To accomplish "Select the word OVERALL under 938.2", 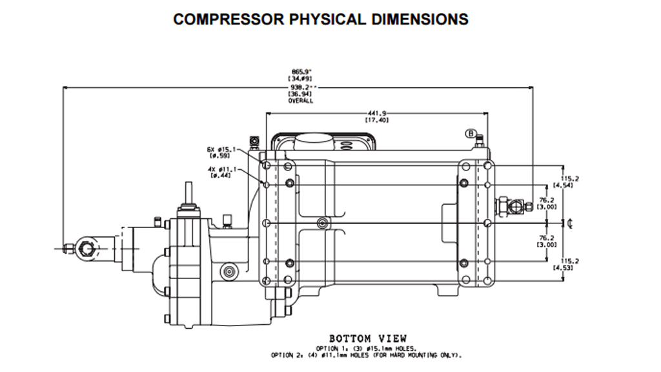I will pyautogui.click(x=301, y=101).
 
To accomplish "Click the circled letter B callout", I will pyautogui.click(x=471, y=134).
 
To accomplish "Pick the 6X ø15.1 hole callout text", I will pyautogui.click(x=220, y=152).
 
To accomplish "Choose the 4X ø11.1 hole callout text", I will pyautogui.click(x=220, y=172).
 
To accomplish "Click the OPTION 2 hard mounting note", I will pyautogui.click(x=367, y=355).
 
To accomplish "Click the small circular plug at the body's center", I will pyautogui.click(x=322, y=223).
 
